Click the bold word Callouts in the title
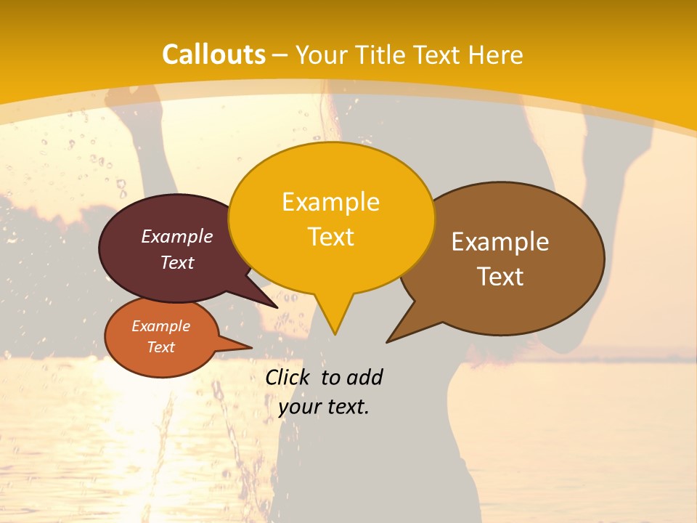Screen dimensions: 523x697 click(x=213, y=54)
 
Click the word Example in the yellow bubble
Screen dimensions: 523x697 click(x=330, y=202)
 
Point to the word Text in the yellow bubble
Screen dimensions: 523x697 click(x=330, y=237)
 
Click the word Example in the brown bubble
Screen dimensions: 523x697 click(x=500, y=242)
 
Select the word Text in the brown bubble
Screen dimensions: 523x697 click(x=500, y=277)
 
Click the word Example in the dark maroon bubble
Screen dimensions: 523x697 click(x=177, y=237)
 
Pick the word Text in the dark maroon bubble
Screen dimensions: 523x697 click(x=177, y=263)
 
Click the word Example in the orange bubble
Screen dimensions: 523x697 click(x=160, y=326)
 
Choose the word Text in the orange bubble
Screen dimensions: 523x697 click(x=160, y=347)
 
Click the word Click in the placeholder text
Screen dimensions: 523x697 click(x=288, y=377)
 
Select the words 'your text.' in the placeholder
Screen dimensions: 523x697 click(x=324, y=407)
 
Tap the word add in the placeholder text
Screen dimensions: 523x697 click(x=364, y=377)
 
